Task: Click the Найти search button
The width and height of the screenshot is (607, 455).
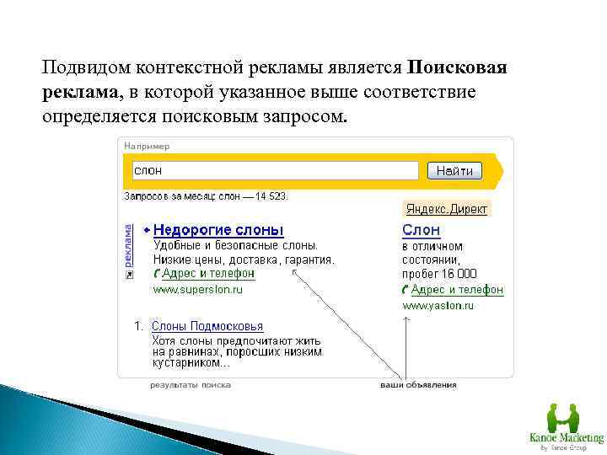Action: (x=454, y=171)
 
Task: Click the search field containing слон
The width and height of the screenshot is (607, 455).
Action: (x=275, y=171)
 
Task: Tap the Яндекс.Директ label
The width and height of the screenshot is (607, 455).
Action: (x=446, y=209)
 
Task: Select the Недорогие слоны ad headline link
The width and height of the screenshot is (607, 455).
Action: (x=218, y=230)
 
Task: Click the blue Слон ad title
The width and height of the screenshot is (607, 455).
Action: (x=421, y=230)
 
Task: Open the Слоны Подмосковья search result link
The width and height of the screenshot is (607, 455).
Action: (x=207, y=326)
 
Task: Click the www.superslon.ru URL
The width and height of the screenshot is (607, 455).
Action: (x=197, y=289)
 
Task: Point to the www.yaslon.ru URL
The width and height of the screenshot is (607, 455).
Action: (x=438, y=306)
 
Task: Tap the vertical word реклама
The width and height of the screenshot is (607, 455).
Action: (x=128, y=245)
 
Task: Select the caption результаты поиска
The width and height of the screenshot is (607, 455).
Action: (x=191, y=385)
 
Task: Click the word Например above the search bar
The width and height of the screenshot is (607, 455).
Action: (x=147, y=146)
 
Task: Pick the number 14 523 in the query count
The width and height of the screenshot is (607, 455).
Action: (x=271, y=196)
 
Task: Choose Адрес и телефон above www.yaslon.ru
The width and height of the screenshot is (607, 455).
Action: (x=456, y=290)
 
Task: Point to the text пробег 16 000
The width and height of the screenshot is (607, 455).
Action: (x=439, y=274)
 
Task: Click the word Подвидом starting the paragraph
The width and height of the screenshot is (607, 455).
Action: (x=82, y=67)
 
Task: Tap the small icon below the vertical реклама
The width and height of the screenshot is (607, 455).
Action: (x=128, y=275)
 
